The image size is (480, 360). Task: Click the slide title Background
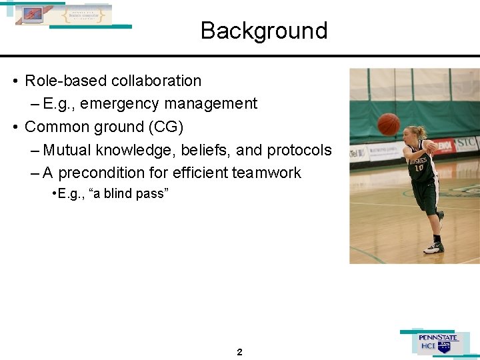click(264, 31)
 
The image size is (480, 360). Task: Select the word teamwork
click(266, 173)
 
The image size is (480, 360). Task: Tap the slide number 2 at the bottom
click(239, 352)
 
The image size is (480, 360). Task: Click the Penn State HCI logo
click(437, 343)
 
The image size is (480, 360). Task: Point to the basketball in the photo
click(389, 123)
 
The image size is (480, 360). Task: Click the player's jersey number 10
click(419, 167)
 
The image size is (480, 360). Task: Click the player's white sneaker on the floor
click(433, 247)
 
